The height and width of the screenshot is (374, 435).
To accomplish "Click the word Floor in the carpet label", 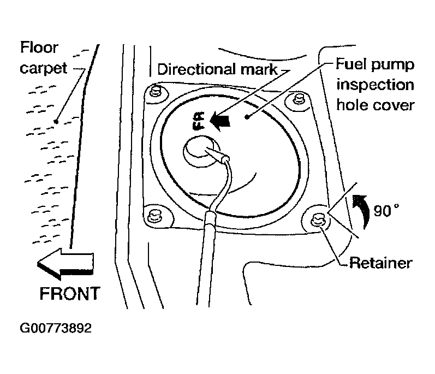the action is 39,48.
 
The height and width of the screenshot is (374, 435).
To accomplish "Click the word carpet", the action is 44,68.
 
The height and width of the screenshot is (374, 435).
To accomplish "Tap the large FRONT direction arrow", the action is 65,264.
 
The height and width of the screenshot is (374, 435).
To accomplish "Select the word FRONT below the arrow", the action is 70,294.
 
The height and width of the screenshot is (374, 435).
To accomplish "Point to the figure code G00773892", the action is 56,328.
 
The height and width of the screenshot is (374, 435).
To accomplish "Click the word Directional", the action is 198,69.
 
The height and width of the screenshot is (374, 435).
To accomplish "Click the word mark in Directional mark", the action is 259,69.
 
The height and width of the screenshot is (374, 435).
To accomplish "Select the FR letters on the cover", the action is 199,121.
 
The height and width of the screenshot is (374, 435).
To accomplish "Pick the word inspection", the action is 375,85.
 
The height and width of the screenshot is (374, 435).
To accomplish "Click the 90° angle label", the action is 386,210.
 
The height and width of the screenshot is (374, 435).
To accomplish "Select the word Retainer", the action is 380,263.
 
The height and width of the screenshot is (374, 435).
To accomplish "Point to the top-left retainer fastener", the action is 156,92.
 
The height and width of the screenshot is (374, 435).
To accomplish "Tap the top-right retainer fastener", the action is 299,99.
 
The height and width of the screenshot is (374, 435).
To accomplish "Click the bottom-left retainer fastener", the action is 153,216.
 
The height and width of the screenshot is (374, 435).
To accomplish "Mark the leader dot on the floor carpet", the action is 56,122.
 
